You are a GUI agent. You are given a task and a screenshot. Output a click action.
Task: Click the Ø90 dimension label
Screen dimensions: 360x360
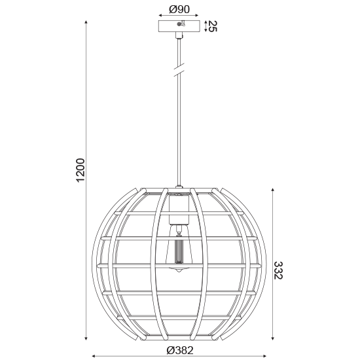179,9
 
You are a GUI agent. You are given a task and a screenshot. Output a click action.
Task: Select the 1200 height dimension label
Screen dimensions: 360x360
81,170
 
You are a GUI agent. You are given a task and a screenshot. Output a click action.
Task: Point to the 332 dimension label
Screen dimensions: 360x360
278,270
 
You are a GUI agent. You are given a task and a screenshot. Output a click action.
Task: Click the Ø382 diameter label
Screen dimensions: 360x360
180,350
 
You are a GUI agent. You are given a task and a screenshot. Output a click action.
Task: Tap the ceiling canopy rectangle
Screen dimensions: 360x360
179,26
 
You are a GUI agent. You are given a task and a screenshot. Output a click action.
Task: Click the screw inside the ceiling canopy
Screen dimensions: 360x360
179,24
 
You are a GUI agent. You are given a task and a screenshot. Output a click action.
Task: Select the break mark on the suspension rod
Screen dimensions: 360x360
179,70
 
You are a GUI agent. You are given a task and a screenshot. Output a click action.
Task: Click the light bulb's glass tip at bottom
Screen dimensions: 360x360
179,270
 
